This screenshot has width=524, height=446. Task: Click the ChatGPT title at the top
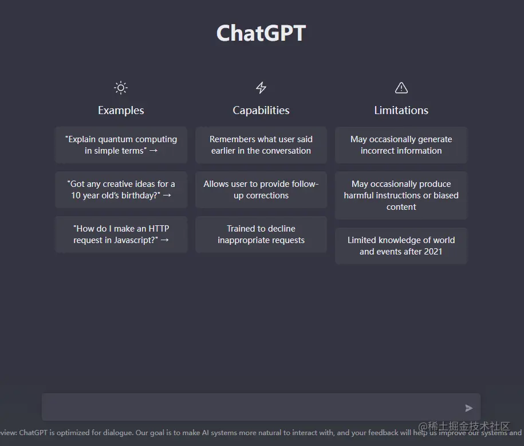point(261,33)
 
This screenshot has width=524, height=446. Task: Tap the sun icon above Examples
point(121,88)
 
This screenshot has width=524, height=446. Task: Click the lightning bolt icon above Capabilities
point(261,88)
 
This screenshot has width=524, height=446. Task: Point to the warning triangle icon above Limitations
point(401,88)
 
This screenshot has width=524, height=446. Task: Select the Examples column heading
point(121,110)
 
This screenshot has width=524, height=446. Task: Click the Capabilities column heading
point(261,110)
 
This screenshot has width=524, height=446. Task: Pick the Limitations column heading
point(401,110)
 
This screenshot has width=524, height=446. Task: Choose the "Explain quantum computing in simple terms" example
point(121,145)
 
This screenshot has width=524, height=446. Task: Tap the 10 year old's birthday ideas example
point(121,190)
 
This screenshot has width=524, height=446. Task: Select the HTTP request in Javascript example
point(121,234)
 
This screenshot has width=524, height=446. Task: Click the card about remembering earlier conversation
point(261,145)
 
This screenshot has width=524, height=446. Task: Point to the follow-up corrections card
point(261,190)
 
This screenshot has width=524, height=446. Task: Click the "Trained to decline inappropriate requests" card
point(261,234)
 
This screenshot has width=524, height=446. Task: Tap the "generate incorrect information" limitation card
point(401,145)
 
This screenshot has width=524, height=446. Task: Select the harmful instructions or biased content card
point(401,195)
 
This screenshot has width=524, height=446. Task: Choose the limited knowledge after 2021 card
point(401,246)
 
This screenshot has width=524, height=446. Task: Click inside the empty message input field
point(252,408)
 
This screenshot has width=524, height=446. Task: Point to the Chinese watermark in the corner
point(464,427)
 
